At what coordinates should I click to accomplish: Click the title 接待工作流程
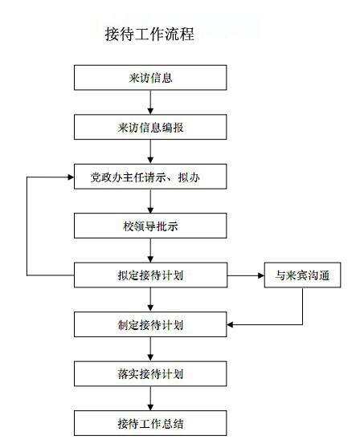[149, 34]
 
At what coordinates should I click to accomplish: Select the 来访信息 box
[150, 78]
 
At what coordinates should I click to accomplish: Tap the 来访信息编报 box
[150, 127]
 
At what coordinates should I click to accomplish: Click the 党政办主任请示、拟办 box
[150, 177]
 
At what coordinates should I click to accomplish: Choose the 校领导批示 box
[150, 226]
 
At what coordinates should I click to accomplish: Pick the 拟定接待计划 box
[150, 275]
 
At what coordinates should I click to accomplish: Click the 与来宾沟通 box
[302, 275]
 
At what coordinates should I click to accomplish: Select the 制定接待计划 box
[150, 324]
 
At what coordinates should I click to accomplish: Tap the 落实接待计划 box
[150, 374]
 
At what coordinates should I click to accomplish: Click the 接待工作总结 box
[150, 423]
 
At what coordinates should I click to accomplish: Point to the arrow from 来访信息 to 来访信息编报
[150, 102]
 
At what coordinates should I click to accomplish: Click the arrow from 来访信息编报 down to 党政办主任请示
[150, 152]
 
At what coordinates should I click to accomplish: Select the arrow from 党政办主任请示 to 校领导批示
[150, 202]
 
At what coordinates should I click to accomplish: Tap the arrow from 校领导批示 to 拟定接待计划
[150, 250]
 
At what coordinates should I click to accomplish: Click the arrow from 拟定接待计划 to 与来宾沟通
[246, 275]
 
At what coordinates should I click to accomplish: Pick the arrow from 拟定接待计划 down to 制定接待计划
[150, 299]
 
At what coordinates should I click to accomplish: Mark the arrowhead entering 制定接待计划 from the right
[230, 324]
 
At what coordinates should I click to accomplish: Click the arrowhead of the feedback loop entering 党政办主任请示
[71, 177]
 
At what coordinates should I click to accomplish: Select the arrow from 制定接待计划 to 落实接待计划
[150, 349]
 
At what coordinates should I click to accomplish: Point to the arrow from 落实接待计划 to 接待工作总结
[150, 398]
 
